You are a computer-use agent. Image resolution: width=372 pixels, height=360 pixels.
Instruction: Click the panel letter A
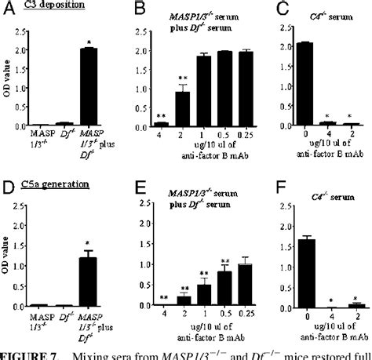click(6, 9)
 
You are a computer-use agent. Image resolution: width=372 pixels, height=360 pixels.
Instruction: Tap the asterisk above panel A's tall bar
click(95, 41)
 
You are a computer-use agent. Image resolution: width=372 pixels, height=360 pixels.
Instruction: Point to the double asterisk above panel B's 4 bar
click(160, 115)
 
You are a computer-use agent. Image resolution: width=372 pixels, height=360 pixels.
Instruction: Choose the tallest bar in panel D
click(95, 282)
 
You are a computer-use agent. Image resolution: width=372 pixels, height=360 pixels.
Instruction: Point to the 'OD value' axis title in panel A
click(8, 86)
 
